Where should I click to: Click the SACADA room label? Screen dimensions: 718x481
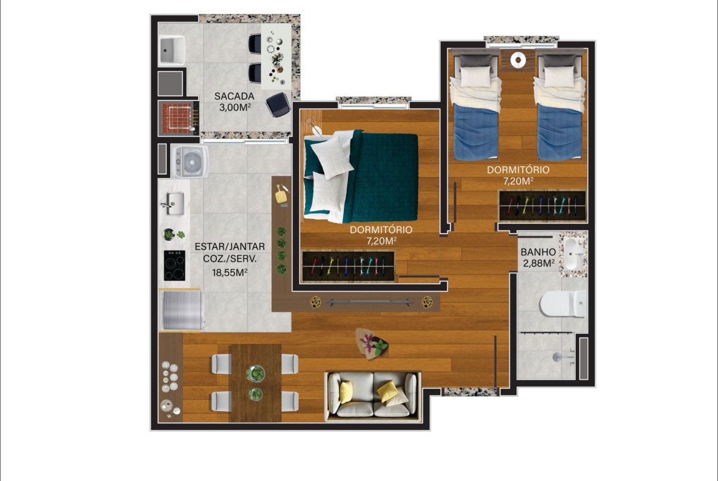pyautogui.click(x=234, y=96)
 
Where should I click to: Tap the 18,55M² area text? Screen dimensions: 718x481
pyautogui.click(x=230, y=273)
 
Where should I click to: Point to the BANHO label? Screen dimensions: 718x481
pyautogui.click(x=538, y=252)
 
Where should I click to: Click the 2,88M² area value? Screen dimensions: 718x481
pyautogui.click(x=539, y=263)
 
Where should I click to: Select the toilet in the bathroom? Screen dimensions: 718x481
pyautogui.click(x=563, y=303)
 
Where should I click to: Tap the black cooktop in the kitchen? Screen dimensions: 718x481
pyautogui.click(x=174, y=265)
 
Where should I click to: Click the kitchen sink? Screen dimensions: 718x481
pyautogui.click(x=174, y=203)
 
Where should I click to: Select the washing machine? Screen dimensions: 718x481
pyautogui.click(x=190, y=161)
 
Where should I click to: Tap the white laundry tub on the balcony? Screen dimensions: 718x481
pyautogui.click(x=172, y=50)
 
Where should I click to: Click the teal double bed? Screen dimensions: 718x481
pyautogui.click(x=361, y=176)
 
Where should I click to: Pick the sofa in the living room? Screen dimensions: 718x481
pyautogui.click(x=373, y=395)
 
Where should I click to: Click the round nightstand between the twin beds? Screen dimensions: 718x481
pyautogui.click(x=518, y=59)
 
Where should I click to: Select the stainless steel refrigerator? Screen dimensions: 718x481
pyautogui.click(x=181, y=309)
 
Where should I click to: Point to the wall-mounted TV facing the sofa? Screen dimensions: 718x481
pyautogui.click(x=369, y=302)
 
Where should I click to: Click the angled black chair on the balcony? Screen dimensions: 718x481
pyautogui.click(x=278, y=104)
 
